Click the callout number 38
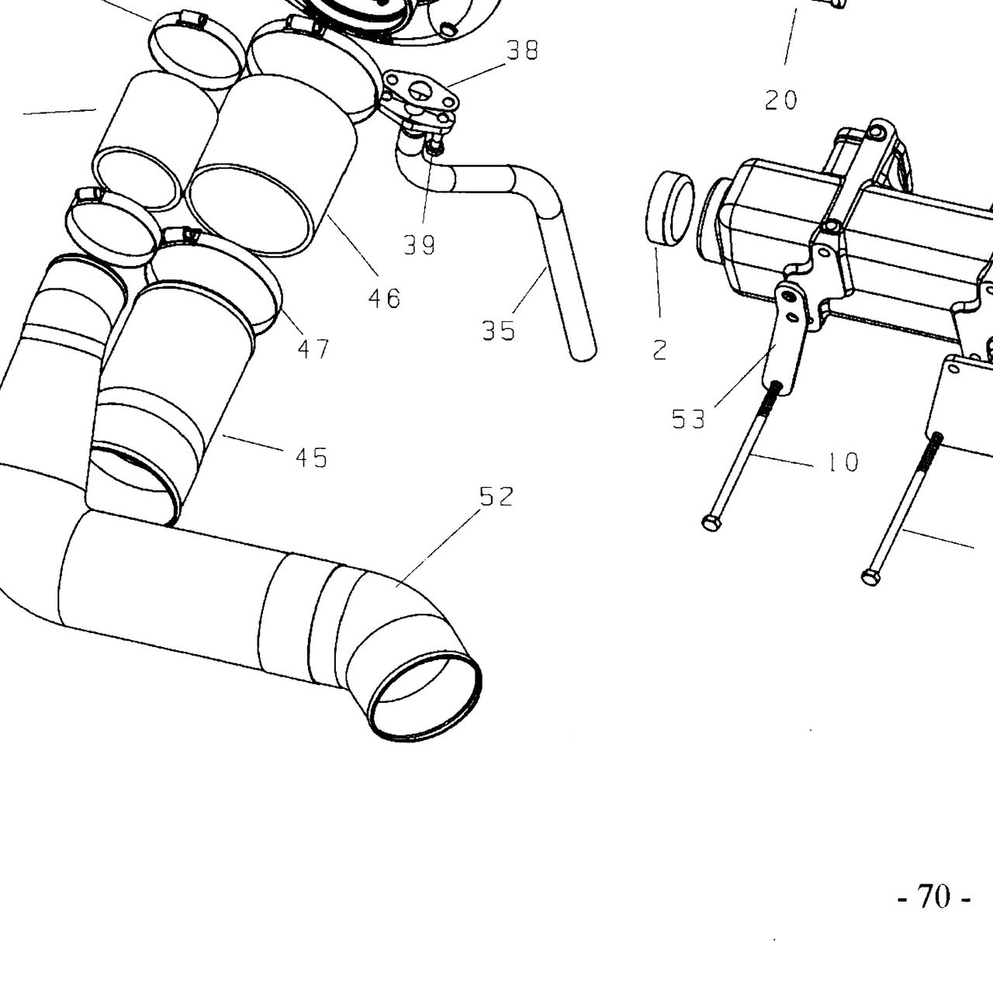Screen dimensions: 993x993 (522, 50)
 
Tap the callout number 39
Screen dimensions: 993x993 (419, 245)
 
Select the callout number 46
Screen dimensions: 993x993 (384, 299)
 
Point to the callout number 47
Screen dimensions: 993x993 (313, 349)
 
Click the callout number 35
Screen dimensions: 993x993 (498, 330)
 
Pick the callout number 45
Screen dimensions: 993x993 (311, 458)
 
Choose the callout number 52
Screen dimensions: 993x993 (496, 496)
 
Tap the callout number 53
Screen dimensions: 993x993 (688, 420)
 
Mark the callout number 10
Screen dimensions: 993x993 (842, 462)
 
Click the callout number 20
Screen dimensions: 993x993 (780, 100)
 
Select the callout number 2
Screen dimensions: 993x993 (659, 351)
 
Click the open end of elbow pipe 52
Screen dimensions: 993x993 (426, 698)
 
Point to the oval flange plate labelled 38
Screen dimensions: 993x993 (420, 94)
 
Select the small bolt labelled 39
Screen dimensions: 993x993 (436, 146)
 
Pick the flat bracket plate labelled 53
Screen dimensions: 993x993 (787, 340)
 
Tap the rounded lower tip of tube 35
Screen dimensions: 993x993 (583, 354)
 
